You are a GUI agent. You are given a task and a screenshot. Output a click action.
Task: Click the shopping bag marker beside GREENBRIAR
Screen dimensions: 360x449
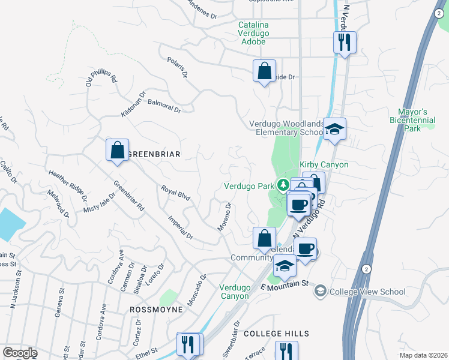[x=118, y=151]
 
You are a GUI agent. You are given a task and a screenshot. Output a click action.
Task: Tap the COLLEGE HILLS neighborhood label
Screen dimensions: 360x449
[x=276, y=334]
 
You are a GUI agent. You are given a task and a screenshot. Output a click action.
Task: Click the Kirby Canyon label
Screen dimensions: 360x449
[x=324, y=164]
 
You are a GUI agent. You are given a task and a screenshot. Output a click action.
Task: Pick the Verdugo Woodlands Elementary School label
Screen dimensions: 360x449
[x=287, y=128]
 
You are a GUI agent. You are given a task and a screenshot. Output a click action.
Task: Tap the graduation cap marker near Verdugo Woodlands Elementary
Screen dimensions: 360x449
[x=334, y=128]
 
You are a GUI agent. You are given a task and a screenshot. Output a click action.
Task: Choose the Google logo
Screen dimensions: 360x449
[x=20, y=352]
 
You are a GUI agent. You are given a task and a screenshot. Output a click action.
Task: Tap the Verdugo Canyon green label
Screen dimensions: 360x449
[x=234, y=292]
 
